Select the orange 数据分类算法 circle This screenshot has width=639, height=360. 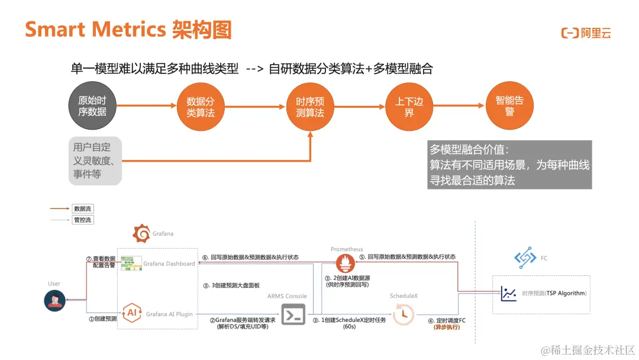(x=201, y=106)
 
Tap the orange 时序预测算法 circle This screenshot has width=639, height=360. (x=310, y=107)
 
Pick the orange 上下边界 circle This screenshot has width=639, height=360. (x=409, y=107)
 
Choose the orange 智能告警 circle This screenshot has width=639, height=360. (x=509, y=107)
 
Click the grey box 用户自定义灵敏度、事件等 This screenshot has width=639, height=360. (x=95, y=160)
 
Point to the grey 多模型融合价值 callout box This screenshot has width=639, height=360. (x=509, y=165)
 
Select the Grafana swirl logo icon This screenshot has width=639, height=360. (x=141, y=234)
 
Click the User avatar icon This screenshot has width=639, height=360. (x=54, y=301)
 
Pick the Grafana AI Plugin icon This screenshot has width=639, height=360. (x=131, y=311)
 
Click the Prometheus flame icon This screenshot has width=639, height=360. (x=346, y=263)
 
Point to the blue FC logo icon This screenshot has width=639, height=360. (x=525, y=258)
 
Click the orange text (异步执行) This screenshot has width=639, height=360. (x=447, y=327)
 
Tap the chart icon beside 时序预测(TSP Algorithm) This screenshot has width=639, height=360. (x=508, y=293)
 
